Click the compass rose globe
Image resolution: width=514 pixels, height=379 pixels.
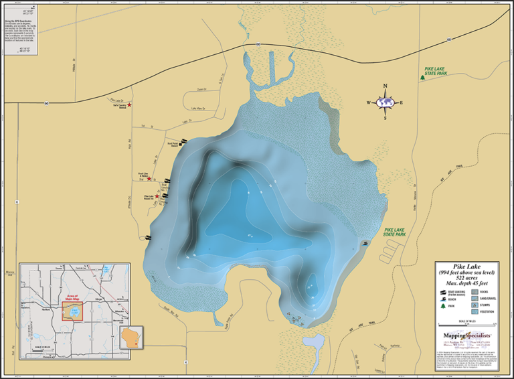pyautogui.click(x=385, y=102)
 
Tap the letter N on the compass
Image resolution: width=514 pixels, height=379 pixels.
pyautogui.click(x=385, y=86)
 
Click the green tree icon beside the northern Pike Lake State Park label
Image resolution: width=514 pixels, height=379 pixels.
pyautogui.click(x=422, y=77)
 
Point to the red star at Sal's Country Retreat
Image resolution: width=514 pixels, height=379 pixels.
pyautogui.click(x=130, y=105)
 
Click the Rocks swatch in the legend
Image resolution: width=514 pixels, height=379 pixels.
pyautogui.click(x=475, y=292)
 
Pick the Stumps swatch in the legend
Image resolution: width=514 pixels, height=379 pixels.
pyautogui.click(x=475, y=305)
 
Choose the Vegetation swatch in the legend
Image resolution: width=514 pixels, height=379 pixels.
pyautogui.click(x=475, y=311)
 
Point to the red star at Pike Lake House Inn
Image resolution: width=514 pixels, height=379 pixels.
pyautogui.click(x=158, y=196)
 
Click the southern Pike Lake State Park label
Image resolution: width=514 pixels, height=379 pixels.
pyautogui.click(x=394, y=232)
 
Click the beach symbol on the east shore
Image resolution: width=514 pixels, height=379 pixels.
pyautogui.click(x=364, y=243)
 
